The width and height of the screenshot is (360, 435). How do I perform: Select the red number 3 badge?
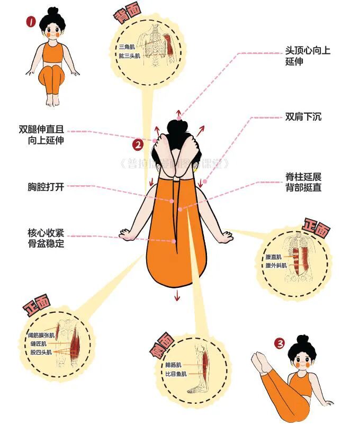pos(279,343)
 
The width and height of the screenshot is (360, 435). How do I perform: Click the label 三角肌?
pos(127,47)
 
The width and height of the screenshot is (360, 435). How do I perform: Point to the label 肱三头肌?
pos(129,56)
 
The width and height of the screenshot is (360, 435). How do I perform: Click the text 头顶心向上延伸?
pos(307,56)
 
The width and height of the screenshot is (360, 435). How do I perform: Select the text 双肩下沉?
pos(303,116)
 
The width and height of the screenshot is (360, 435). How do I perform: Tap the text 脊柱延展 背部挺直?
pos(303,182)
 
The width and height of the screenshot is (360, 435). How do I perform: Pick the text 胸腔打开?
pos(46,187)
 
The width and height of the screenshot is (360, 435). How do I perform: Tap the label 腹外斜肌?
pos(276,265)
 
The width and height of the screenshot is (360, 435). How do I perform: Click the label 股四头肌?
pos(42,352)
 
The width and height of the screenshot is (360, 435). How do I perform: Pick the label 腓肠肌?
pos(173,365)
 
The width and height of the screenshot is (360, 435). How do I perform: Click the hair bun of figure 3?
pos(302,339)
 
